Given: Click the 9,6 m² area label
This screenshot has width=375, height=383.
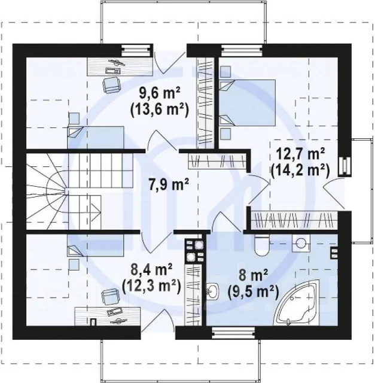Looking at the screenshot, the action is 160,93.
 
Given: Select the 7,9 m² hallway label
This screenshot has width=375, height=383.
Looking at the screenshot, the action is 169,184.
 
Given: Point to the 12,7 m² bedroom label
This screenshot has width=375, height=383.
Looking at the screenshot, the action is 300,154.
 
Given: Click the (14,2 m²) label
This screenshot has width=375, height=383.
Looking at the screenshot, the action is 300,170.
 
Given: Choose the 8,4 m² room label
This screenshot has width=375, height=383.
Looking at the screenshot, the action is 151,269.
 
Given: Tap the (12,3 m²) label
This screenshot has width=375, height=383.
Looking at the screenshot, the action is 151,286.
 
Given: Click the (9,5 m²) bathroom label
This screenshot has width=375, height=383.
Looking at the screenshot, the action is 253,292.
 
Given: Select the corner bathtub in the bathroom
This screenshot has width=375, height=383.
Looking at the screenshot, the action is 297,303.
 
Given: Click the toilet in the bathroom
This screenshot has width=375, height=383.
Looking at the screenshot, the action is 261,245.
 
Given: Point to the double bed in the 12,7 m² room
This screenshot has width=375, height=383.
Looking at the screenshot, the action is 248,103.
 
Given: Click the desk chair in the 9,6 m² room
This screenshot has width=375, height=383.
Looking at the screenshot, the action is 111,85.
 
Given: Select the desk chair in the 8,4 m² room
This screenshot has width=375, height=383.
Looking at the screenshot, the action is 111,296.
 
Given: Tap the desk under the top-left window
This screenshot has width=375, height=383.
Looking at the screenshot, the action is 120,66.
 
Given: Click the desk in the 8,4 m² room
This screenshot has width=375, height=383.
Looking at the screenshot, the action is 108,317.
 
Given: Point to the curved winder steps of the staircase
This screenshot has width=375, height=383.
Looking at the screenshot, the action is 47,191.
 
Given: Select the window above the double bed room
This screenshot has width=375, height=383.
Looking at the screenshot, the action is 242,50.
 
